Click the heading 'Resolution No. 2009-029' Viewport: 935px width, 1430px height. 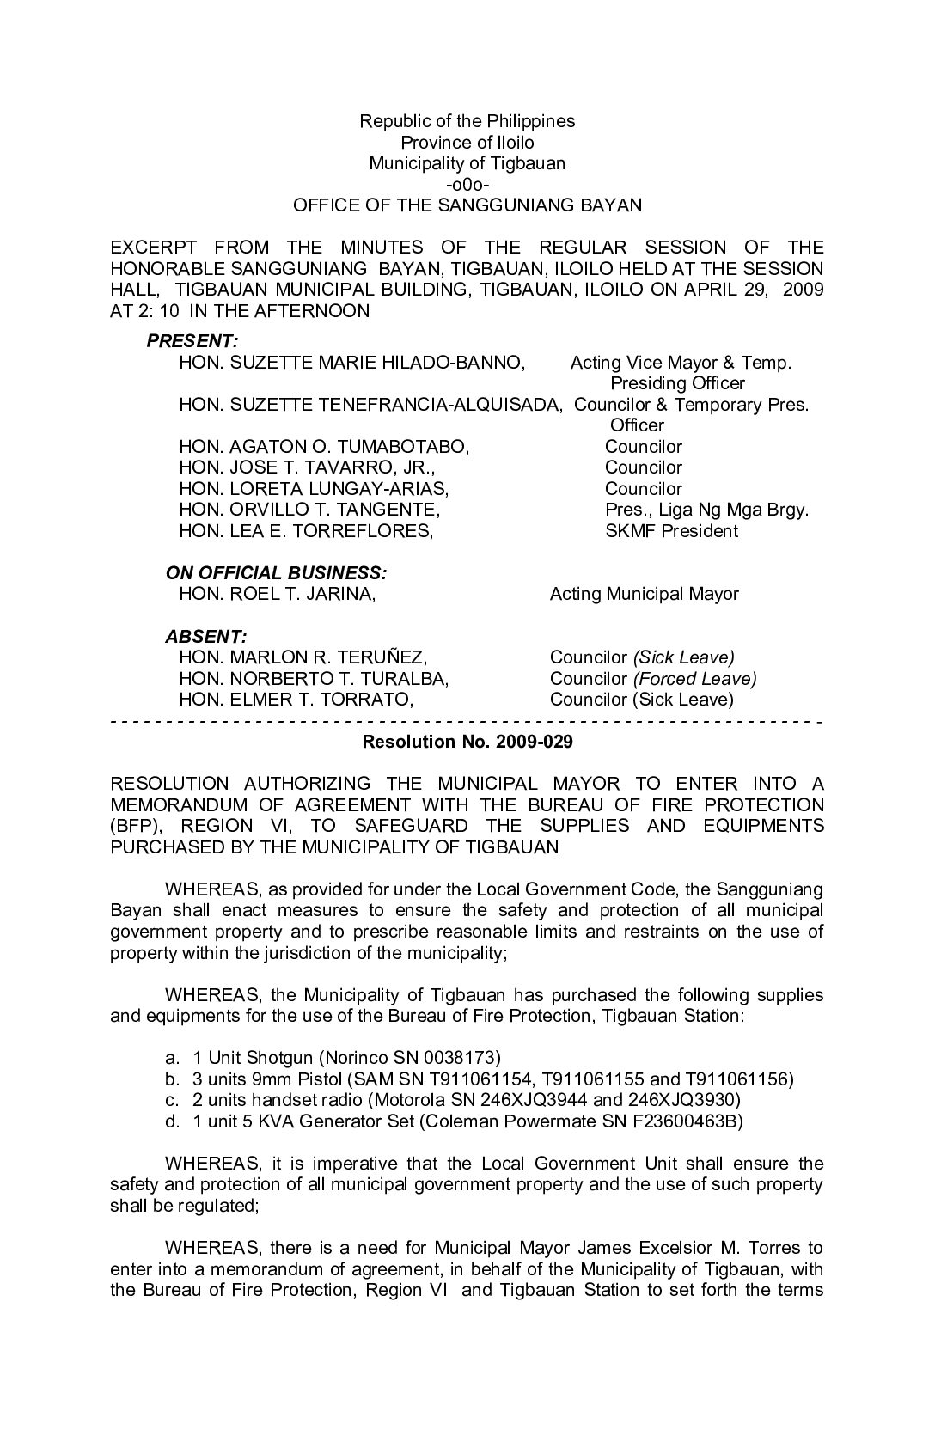click(x=467, y=741)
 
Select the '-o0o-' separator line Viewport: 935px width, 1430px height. click(x=467, y=184)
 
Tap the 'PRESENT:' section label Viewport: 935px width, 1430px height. click(x=192, y=341)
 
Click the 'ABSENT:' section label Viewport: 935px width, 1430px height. click(x=206, y=637)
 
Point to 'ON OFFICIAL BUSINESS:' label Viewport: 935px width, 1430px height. click(x=276, y=573)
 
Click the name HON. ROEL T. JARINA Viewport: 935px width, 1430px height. click(x=277, y=594)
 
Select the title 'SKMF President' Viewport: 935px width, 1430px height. click(x=671, y=531)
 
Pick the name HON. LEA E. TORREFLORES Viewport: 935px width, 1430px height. click(x=306, y=531)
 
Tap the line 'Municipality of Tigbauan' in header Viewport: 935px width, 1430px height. click(x=467, y=163)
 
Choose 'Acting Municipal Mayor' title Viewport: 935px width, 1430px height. click(x=645, y=594)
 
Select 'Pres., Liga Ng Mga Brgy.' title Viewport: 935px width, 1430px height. click(x=706, y=510)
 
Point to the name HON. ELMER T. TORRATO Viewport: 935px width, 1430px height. click(x=296, y=700)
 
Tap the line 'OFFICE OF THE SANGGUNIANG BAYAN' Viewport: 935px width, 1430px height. click(x=467, y=205)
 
